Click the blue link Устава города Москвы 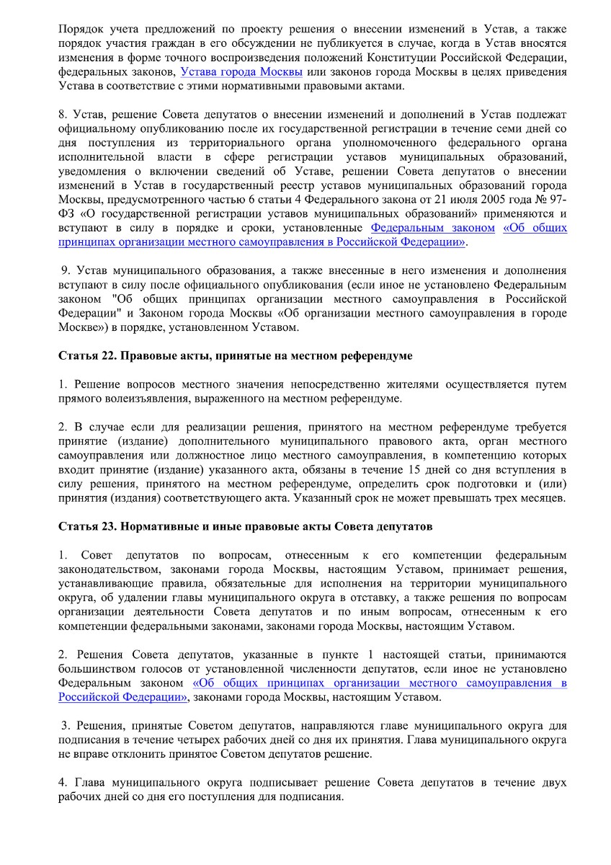pyautogui.click(x=242, y=72)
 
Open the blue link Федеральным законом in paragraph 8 pyautogui.click(x=432, y=228)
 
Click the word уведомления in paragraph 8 pyautogui.click(x=90, y=170)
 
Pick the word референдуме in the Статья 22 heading pyautogui.click(x=375, y=355)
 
